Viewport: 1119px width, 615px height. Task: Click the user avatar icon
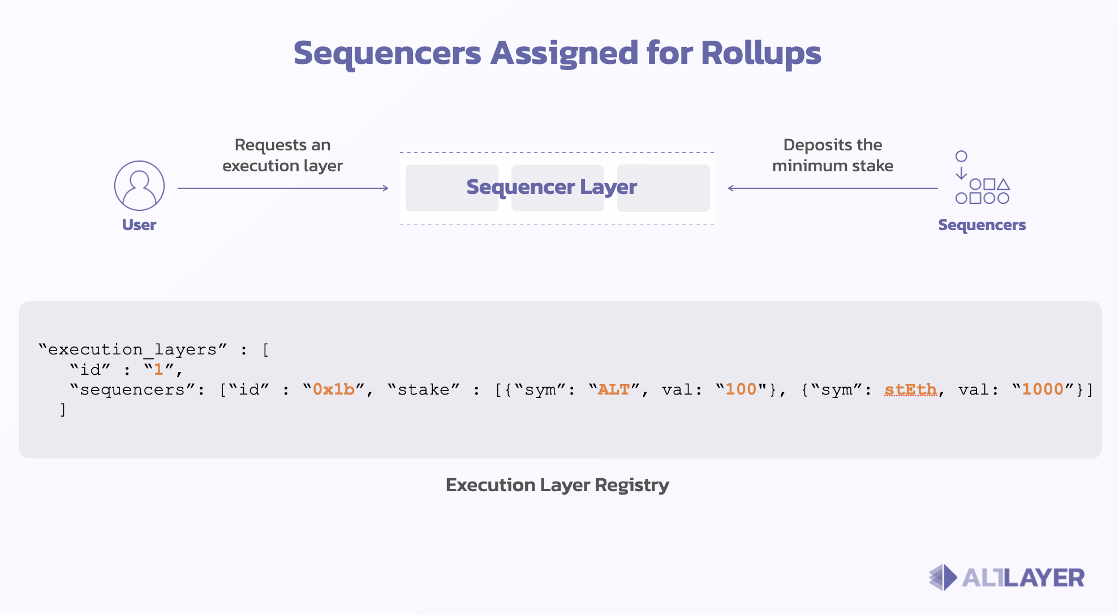click(139, 185)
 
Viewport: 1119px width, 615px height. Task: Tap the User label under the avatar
click(139, 225)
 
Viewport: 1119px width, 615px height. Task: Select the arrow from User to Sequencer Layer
click(283, 188)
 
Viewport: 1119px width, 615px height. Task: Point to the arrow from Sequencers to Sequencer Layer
click(833, 188)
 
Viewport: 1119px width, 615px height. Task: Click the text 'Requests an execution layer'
click(282, 155)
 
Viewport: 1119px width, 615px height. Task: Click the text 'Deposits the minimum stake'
click(833, 155)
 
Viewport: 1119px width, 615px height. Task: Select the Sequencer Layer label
click(552, 188)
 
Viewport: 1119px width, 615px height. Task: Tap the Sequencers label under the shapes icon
click(982, 225)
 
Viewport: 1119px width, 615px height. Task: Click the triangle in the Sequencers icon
click(1003, 184)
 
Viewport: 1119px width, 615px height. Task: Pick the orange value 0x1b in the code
click(334, 389)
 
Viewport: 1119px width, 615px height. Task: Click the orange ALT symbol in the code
click(614, 389)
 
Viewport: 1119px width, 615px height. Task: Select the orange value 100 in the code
click(741, 389)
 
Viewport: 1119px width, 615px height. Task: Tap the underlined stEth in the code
click(910, 389)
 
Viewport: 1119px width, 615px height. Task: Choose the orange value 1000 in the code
click(1043, 389)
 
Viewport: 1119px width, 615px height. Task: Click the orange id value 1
click(158, 370)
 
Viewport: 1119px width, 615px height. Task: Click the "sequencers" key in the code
click(132, 389)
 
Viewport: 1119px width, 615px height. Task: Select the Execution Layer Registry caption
click(557, 485)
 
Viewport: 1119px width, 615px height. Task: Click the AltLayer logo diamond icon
click(943, 577)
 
